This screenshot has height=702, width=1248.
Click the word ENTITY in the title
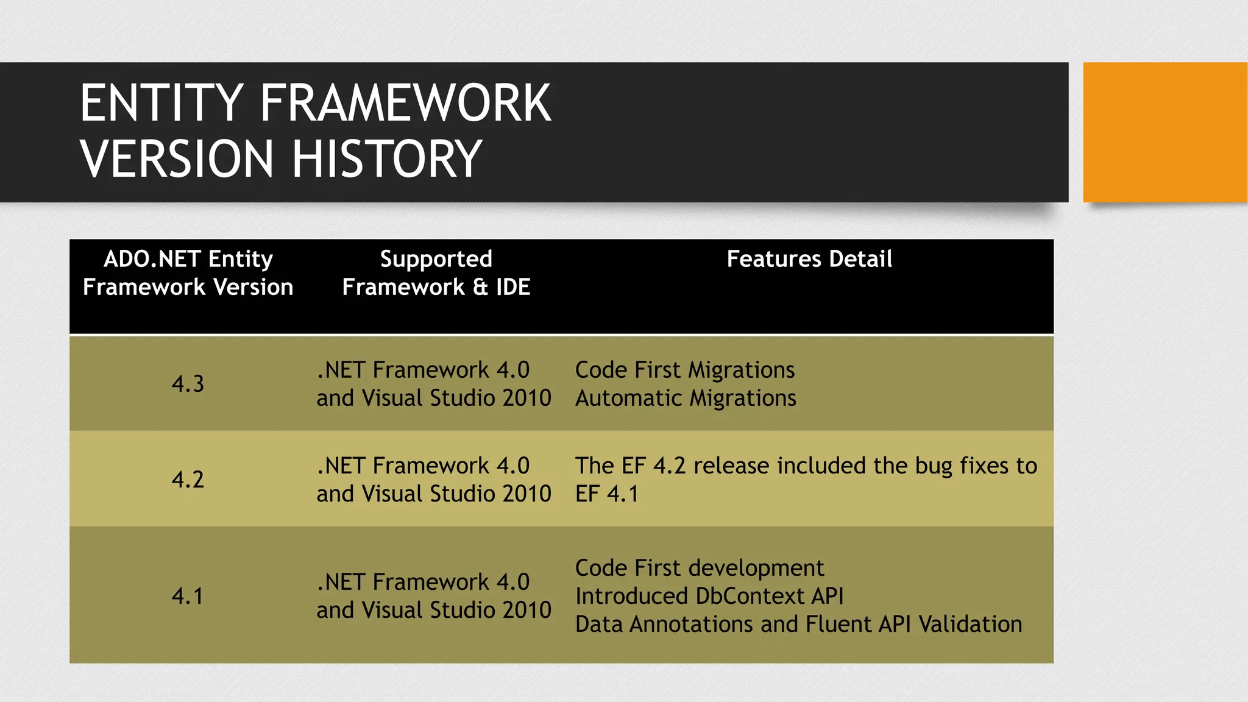pos(161,104)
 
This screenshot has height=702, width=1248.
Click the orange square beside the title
pos(1165,132)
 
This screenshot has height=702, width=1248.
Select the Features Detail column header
pos(809,260)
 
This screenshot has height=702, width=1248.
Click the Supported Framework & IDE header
pos(436,273)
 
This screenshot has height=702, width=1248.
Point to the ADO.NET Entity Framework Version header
pos(188,273)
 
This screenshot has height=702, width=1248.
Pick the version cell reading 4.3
pos(188,384)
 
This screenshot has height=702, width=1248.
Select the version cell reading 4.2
pos(188,480)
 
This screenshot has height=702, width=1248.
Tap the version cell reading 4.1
pos(188,596)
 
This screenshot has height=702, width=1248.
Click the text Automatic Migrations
pos(686,399)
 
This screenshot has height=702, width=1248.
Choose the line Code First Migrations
pos(684,370)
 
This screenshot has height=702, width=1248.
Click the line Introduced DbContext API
pos(709,597)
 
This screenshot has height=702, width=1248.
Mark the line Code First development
pos(699,569)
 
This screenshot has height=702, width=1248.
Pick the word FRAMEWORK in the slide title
pos(405,104)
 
